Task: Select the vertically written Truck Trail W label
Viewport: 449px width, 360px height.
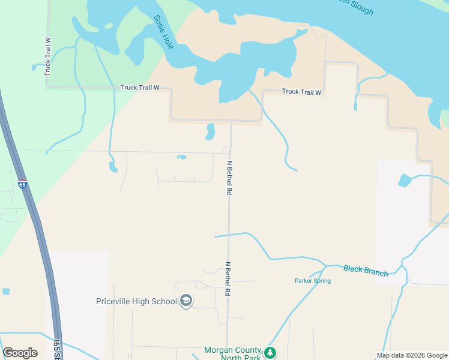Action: pyautogui.click(x=48, y=56)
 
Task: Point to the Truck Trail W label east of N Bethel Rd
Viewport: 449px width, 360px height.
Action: pyautogui.click(x=302, y=92)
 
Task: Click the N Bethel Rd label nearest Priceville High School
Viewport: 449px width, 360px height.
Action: pyautogui.click(x=228, y=278)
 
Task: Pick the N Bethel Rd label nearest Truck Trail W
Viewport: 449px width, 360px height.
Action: pyautogui.click(x=229, y=178)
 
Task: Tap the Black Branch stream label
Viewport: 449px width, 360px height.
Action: pyautogui.click(x=366, y=270)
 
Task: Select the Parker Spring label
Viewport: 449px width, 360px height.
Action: pyautogui.click(x=312, y=281)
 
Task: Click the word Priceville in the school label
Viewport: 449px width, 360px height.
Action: pyautogui.click(x=117, y=301)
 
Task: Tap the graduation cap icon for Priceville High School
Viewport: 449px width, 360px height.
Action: pyautogui.click(x=186, y=301)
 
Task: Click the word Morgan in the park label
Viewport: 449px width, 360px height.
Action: pyautogui.click(x=217, y=350)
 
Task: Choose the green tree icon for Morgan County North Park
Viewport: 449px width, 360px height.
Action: pyautogui.click(x=271, y=352)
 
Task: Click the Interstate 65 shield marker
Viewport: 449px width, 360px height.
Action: pyautogui.click(x=22, y=184)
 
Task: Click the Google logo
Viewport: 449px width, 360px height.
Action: pyautogui.click(x=20, y=353)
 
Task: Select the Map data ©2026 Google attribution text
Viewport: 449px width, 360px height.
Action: pyautogui.click(x=412, y=355)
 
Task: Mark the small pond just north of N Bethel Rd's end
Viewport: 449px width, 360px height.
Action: pyautogui.click(x=209, y=131)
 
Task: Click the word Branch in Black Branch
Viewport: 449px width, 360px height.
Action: pyautogui.click(x=376, y=271)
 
